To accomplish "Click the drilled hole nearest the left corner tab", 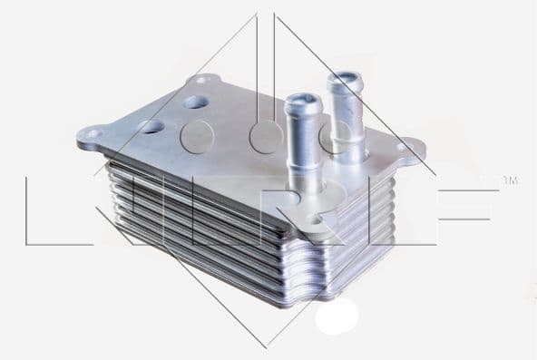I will tap(151, 127).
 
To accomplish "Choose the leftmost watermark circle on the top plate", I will tap(197, 137).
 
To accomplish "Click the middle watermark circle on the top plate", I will tap(267, 137).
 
